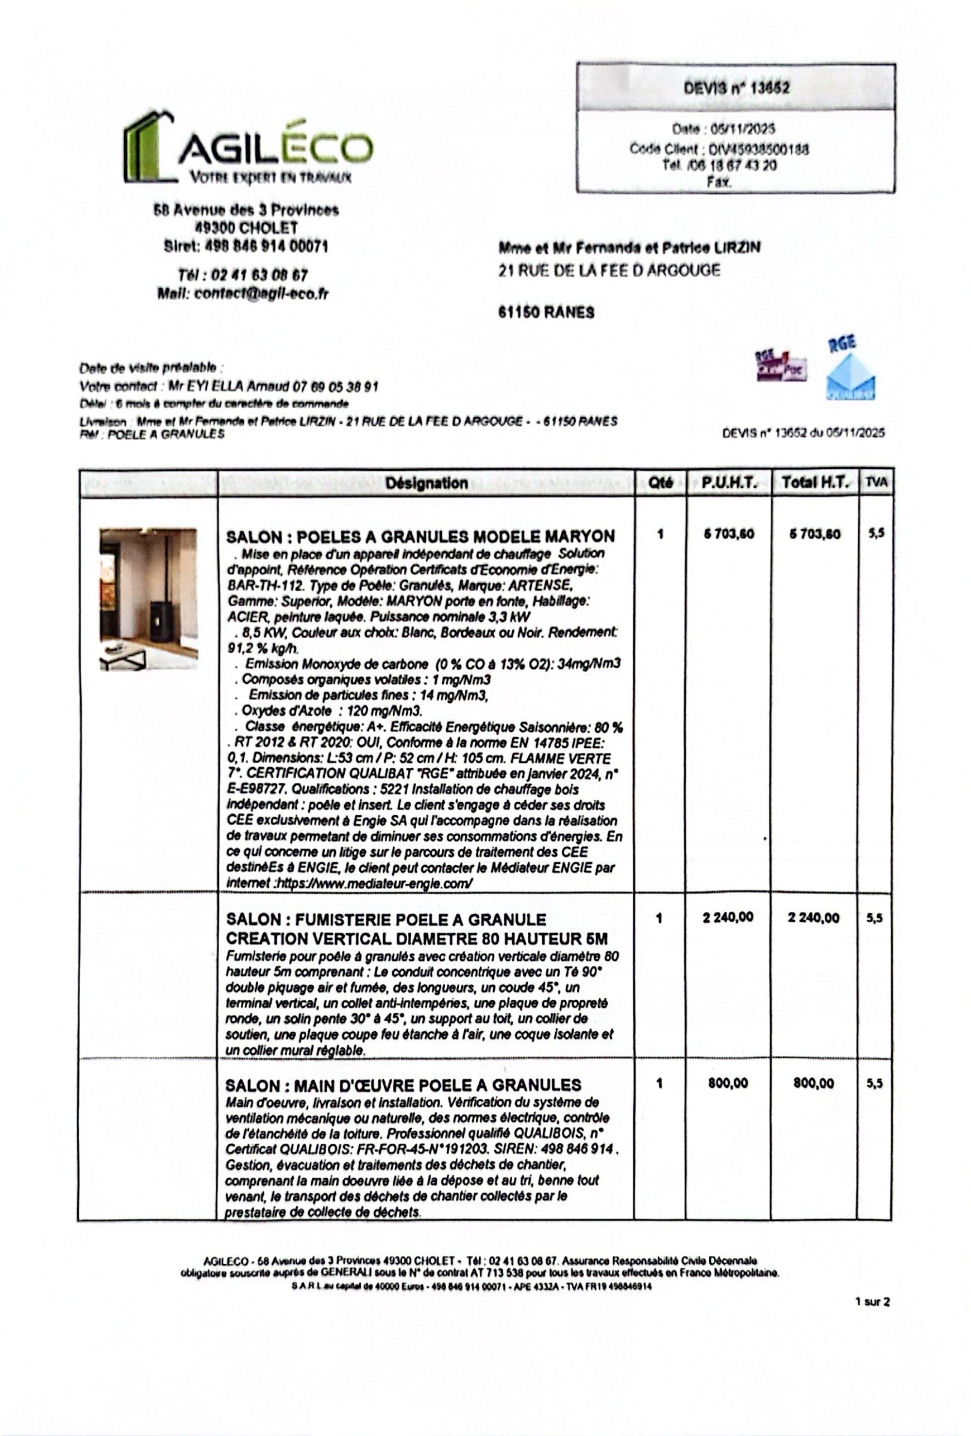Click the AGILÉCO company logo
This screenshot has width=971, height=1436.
click(247, 148)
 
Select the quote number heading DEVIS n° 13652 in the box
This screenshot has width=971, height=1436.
click(736, 88)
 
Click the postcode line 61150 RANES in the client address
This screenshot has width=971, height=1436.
click(546, 313)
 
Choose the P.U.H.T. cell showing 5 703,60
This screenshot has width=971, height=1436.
click(729, 534)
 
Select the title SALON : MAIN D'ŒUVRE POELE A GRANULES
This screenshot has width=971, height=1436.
click(403, 1085)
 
